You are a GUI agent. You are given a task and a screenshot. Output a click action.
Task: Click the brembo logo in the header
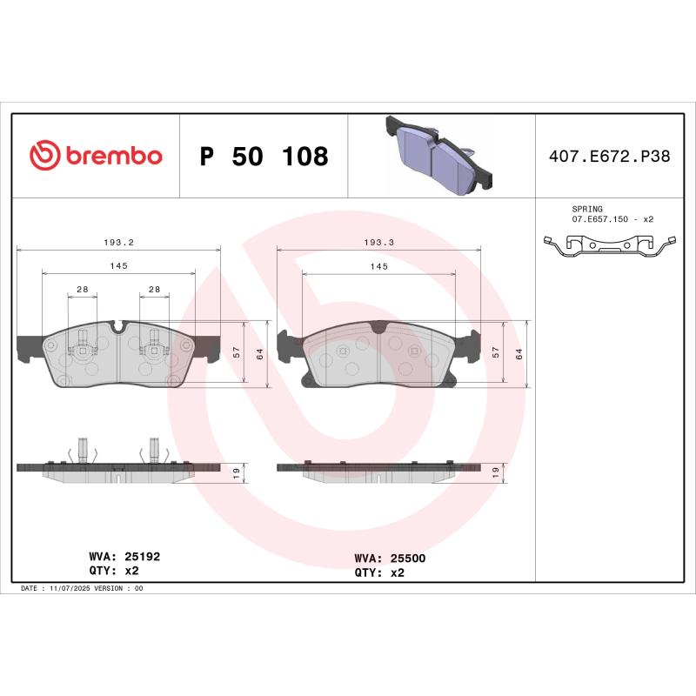[x=96, y=156]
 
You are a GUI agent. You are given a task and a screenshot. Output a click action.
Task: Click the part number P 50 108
[x=264, y=157]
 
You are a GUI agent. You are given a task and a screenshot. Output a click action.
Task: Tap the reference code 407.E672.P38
[x=609, y=157]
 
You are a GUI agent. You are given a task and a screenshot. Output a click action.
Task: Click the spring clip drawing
[x=609, y=248]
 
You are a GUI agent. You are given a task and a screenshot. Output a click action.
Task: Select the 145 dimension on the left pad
[x=119, y=266]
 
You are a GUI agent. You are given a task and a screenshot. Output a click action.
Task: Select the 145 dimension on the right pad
[x=378, y=266]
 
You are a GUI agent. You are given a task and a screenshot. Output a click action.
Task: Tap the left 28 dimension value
[x=83, y=289]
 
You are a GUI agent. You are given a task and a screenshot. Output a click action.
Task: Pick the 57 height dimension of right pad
[x=495, y=352]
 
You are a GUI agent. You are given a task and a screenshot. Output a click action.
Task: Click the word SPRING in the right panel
[x=587, y=210]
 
